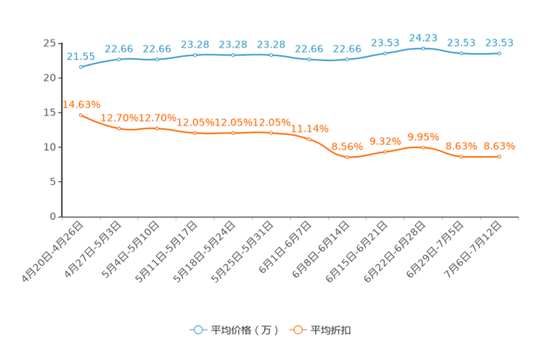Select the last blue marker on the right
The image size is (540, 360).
tap(499, 53)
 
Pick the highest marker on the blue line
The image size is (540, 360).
tap(423, 48)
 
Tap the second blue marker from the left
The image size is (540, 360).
tap(119, 59)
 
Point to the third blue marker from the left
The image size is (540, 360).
tap(157, 60)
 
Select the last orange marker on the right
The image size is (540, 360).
tap(499, 156)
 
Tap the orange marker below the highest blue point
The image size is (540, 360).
tap(423, 147)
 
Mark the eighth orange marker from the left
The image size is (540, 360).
tap(348, 157)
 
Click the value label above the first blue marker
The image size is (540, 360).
tap(80, 56)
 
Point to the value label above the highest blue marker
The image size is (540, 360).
tap(423, 37)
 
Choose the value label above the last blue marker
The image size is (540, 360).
tap(499, 42)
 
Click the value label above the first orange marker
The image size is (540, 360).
tap(81, 105)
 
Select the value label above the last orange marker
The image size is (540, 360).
tap(499, 146)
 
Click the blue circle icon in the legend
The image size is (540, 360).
tap(197, 330)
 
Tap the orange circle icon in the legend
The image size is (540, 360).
tap(297, 330)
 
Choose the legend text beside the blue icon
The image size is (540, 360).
tap(245, 330)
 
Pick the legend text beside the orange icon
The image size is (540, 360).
tap(332, 330)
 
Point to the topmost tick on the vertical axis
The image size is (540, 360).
tap(60, 44)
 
